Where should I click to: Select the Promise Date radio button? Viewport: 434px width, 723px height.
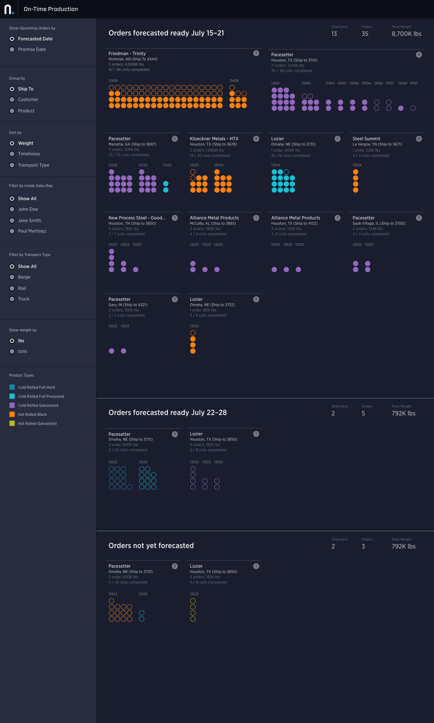pos(12,50)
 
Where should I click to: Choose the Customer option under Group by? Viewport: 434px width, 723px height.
pos(12,100)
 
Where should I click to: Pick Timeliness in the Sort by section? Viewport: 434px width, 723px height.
pos(12,154)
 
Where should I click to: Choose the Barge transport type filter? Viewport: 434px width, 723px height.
pos(12,277)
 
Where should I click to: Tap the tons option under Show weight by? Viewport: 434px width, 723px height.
pos(12,351)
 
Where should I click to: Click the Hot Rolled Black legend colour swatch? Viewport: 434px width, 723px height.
pos(12,414)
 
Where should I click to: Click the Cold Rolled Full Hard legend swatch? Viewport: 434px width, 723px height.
pos(12,387)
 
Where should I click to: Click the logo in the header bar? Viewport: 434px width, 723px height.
pos(9,9)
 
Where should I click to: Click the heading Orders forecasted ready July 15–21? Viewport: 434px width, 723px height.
pos(166,33)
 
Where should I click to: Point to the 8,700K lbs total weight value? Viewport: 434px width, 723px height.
pos(406,34)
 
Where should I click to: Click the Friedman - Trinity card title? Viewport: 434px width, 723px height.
pos(127,54)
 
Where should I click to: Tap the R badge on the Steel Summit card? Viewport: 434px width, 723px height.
pos(418,139)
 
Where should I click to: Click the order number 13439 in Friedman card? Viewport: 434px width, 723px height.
pos(234,81)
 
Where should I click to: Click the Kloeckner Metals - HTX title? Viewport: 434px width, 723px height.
pos(214,139)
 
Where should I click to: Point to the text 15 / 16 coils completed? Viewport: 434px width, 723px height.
pos(290,156)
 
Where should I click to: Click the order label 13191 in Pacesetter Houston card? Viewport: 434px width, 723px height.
pos(413,83)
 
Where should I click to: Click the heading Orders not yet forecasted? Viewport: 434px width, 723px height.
pos(151,546)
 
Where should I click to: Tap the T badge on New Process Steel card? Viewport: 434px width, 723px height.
pos(175,218)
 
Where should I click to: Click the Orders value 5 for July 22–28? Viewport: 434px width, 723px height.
pos(363,413)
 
